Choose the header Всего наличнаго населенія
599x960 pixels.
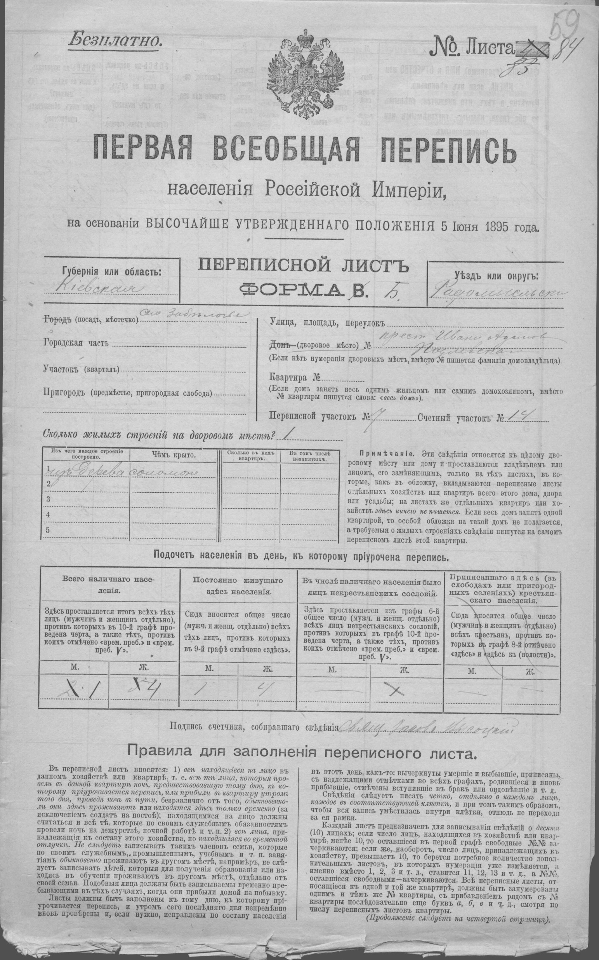click(109, 585)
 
